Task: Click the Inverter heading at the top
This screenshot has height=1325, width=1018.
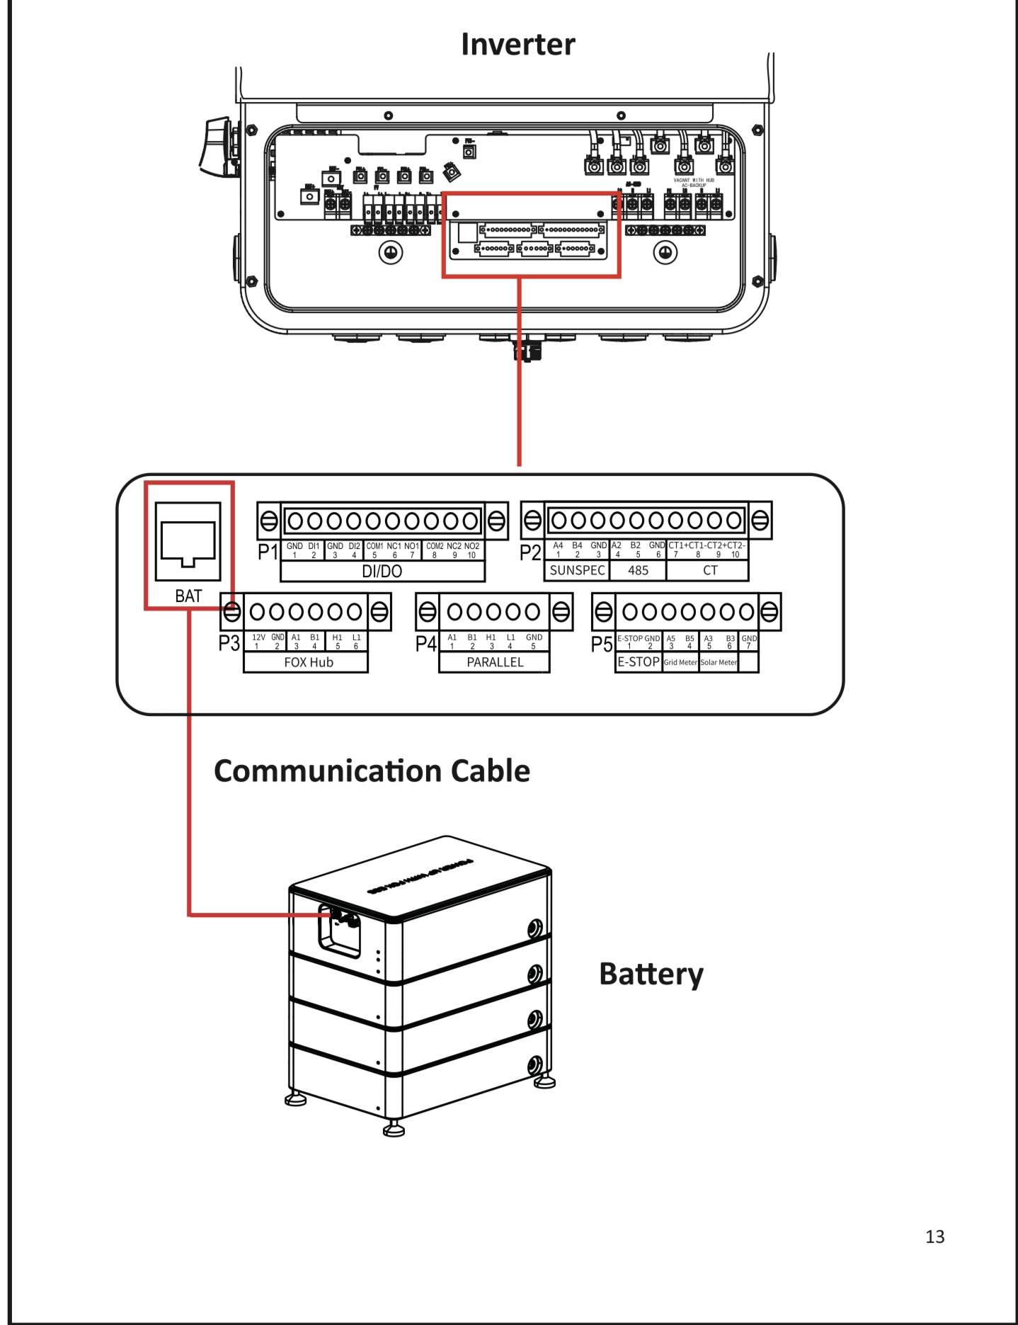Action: pos(517,44)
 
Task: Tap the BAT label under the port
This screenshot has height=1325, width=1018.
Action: pos(188,596)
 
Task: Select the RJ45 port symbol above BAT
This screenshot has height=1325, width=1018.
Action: pos(188,542)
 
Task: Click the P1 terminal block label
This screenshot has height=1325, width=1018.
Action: pos(268,552)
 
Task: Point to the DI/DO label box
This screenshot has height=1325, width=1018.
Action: pos(382,571)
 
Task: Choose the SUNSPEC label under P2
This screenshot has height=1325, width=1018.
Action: pos(577,571)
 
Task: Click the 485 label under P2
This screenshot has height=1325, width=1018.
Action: pos(638,571)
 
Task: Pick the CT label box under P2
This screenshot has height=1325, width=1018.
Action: pos(710,571)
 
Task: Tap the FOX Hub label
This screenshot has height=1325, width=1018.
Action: pos(308,662)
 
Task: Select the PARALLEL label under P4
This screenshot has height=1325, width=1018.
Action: pos(495,662)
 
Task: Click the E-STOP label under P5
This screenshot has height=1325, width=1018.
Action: pos(639,662)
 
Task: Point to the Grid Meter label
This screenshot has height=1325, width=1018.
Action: pos(680,663)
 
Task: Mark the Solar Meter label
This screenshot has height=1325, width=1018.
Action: pos(719,663)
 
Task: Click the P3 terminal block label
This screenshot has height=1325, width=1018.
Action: pos(229,644)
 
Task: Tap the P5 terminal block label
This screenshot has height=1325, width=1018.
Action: pos(602,644)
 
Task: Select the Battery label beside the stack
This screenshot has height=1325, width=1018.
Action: pos(651,974)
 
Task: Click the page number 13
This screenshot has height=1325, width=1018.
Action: pos(934,1236)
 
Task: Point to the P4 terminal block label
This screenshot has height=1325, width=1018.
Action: pos(426,644)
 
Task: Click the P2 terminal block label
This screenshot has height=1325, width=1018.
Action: pos(530,553)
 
